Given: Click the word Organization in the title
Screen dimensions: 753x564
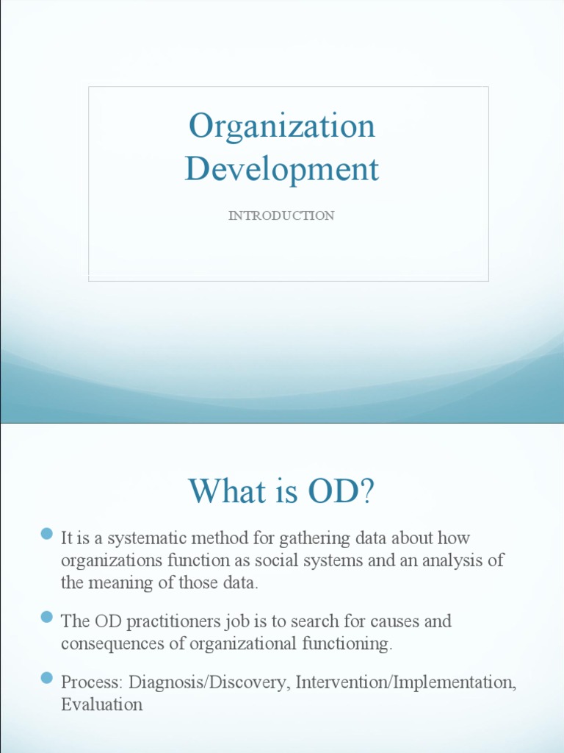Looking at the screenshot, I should pos(281,126).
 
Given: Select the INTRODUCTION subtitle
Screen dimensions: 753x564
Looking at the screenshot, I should pos(281,215).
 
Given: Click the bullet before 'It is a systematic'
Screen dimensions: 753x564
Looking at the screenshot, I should pos(47,533).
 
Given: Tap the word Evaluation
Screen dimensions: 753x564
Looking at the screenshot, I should pos(101,704).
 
